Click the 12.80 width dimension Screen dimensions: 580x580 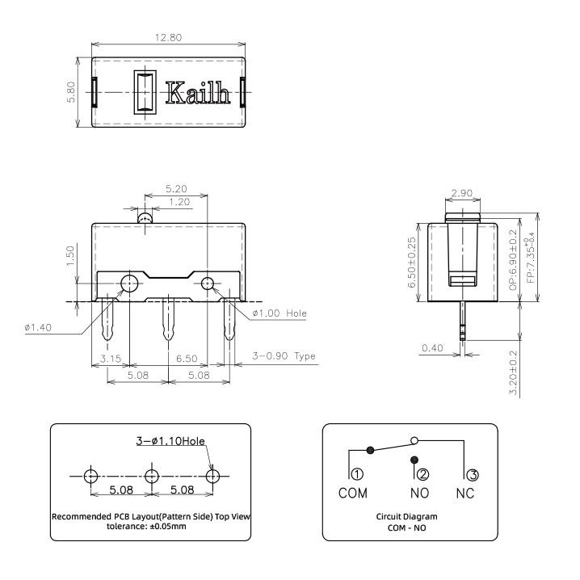tap(169, 37)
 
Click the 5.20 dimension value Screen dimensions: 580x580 tap(174, 188)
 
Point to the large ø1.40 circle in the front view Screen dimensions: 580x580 tap(128, 283)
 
